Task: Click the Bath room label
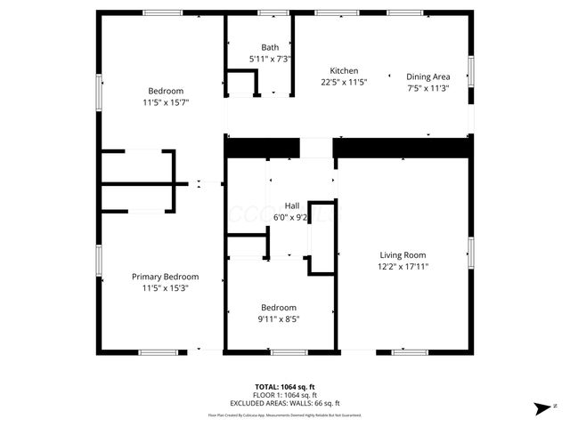[270, 47]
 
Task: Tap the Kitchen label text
[344, 71]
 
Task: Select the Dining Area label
[428, 77]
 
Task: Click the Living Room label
[403, 254]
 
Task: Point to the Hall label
[292, 205]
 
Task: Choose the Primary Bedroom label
[165, 277]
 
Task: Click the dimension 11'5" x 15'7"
[166, 102]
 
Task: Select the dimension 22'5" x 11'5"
[344, 82]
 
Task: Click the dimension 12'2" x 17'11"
[403, 266]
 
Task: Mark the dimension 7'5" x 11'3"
[428, 88]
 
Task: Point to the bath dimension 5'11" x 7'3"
[270, 59]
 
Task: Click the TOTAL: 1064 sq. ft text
[285, 387]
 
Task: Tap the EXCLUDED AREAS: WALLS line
[285, 403]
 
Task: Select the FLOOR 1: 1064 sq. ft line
[285, 395]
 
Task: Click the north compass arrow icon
[541, 408]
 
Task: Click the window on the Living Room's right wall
[470, 252]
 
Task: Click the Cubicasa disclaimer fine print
[285, 415]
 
